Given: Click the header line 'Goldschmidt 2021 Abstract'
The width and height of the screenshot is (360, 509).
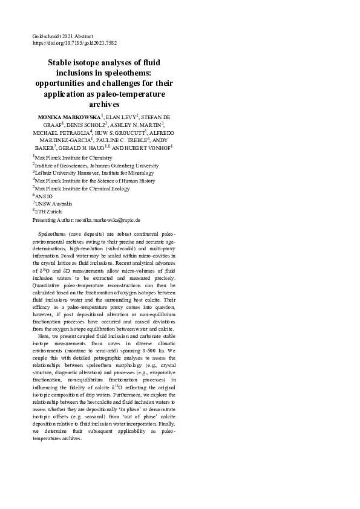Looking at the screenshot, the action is click(x=62, y=36).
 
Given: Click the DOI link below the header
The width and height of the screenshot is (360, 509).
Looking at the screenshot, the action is click(x=74, y=43).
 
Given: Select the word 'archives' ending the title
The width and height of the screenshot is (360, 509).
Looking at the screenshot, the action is click(x=103, y=105).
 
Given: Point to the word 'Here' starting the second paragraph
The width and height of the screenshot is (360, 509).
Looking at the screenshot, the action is click(x=44, y=336).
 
